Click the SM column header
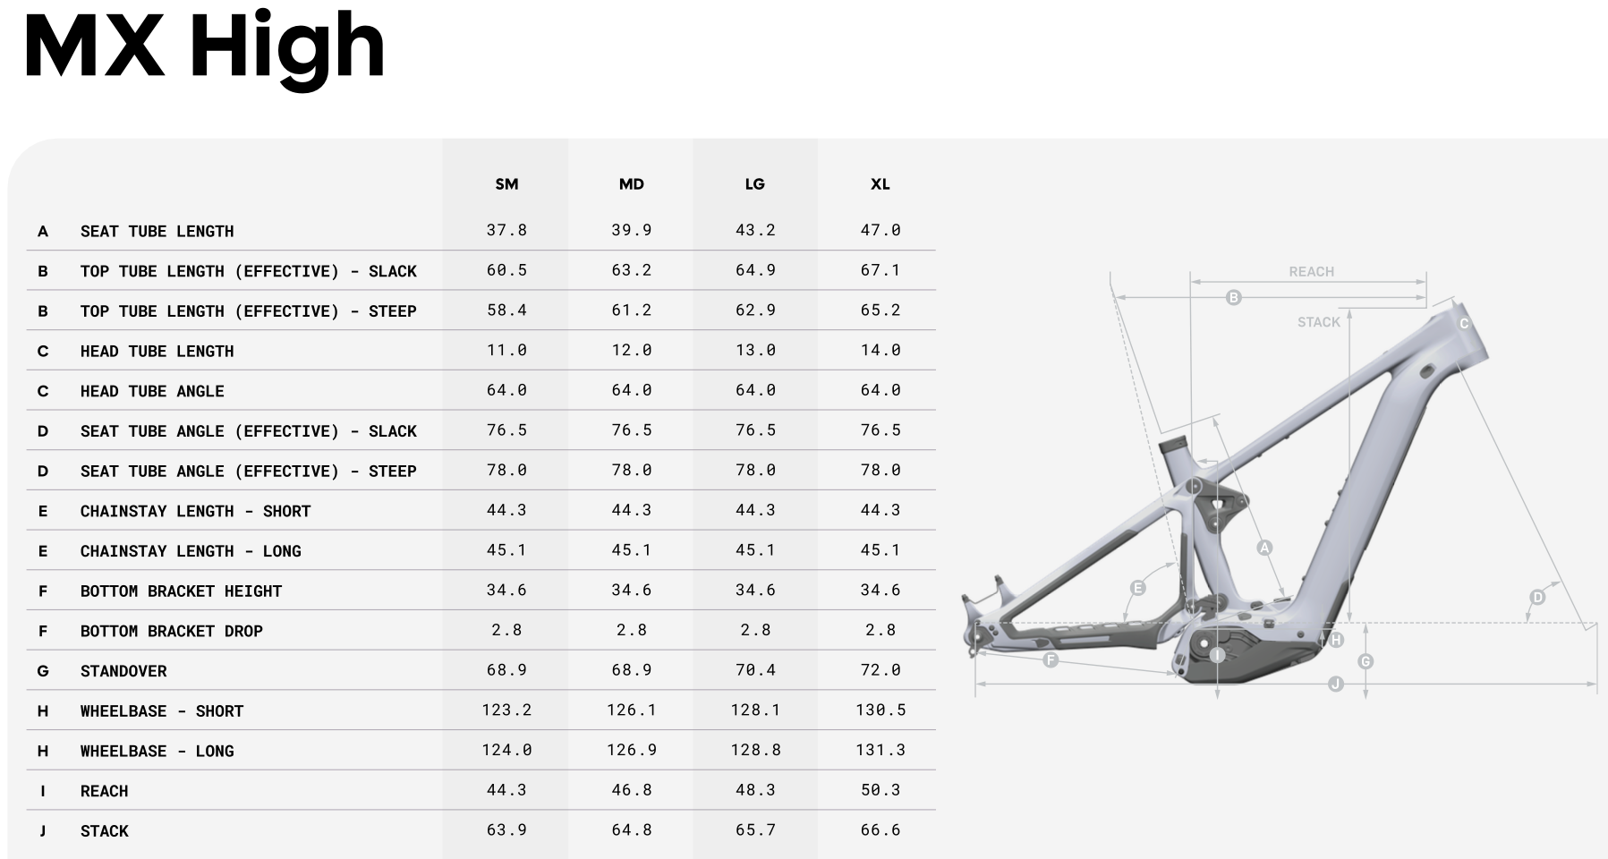tap(506, 184)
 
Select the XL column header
tap(881, 184)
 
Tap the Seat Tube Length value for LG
tap(755, 231)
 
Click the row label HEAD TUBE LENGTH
tap(157, 352)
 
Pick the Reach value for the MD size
tap(631, 791)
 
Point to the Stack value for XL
tap(881, 831)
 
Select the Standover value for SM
tap(506, 671)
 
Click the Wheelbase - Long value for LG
tap(755, 751)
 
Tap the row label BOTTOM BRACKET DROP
tap(172, 632)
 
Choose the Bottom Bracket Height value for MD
tap(631, 591)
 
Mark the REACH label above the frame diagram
tap(1311, 272)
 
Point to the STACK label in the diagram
tap(1319, 322)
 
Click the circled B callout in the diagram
tap(1234, 297)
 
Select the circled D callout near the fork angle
tap(1537, 597)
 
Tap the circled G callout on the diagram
tap(1366, 661)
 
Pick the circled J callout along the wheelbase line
tap(1336, 685)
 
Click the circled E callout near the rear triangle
tap(1138, 588)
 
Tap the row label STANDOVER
tap(123, 671)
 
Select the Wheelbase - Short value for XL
tap(881, 710)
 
